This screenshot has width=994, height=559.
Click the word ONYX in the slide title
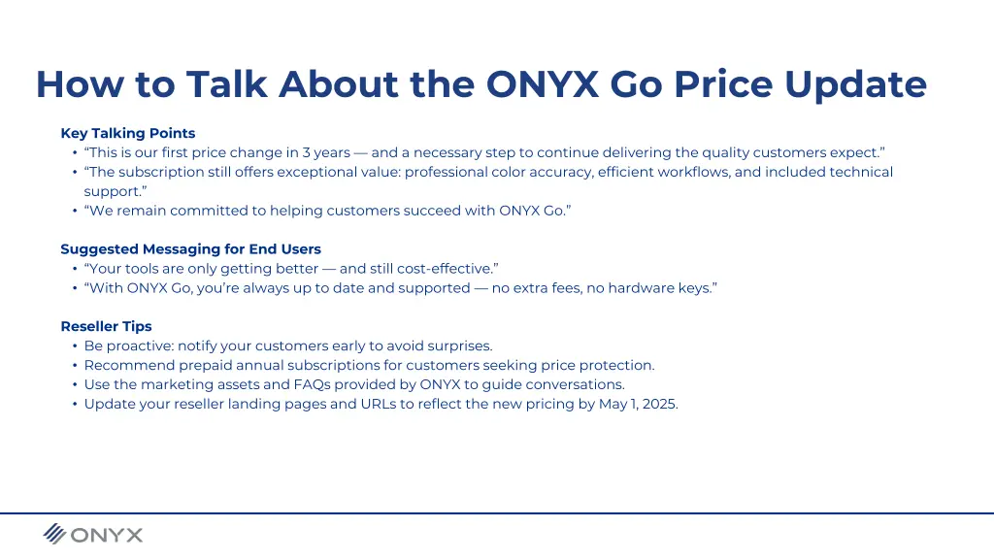tap(543, 84)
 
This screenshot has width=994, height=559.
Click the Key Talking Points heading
tap(127, 133)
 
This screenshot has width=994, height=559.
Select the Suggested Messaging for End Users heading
tap(190, 249)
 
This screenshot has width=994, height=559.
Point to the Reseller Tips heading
tap(106, 326)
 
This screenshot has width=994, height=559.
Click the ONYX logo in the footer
tap(93, 534)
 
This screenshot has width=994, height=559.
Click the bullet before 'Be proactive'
tap(75, 345)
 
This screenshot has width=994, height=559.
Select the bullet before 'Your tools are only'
tap(75, 269)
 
